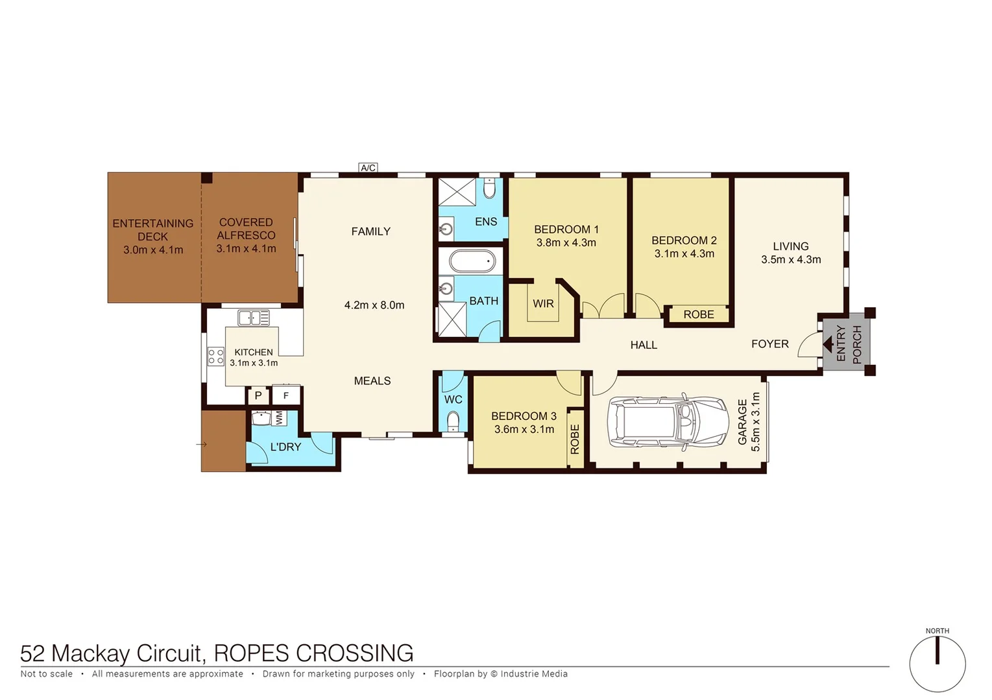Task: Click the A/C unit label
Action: (x=368, y=168)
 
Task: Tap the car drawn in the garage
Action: (x=668, y=422)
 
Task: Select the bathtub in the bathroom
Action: (x=472, y=261)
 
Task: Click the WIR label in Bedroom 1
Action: (x=543, y=303)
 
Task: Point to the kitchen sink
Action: (x=254, y=318)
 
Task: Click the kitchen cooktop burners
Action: (x=215, y=356)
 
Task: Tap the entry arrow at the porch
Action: (x=828, y=344)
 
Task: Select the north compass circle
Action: (x=937, y=664)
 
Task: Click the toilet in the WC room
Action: (x=453, y=421)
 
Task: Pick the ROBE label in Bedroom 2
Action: (x=698, y=314)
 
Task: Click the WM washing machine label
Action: (x=279, y=418)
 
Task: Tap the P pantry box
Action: (x=258, y=395)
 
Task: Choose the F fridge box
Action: (x=285, y=395)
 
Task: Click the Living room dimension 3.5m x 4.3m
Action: (x=791, y=260)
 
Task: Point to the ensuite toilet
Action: (x=490, y=189)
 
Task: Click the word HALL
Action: (x=644, y=345)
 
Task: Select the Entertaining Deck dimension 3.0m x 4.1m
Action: (x=153, y=250)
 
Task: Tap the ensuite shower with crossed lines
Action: (x=457, y=192)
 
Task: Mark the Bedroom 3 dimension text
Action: (x=524, y=429)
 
